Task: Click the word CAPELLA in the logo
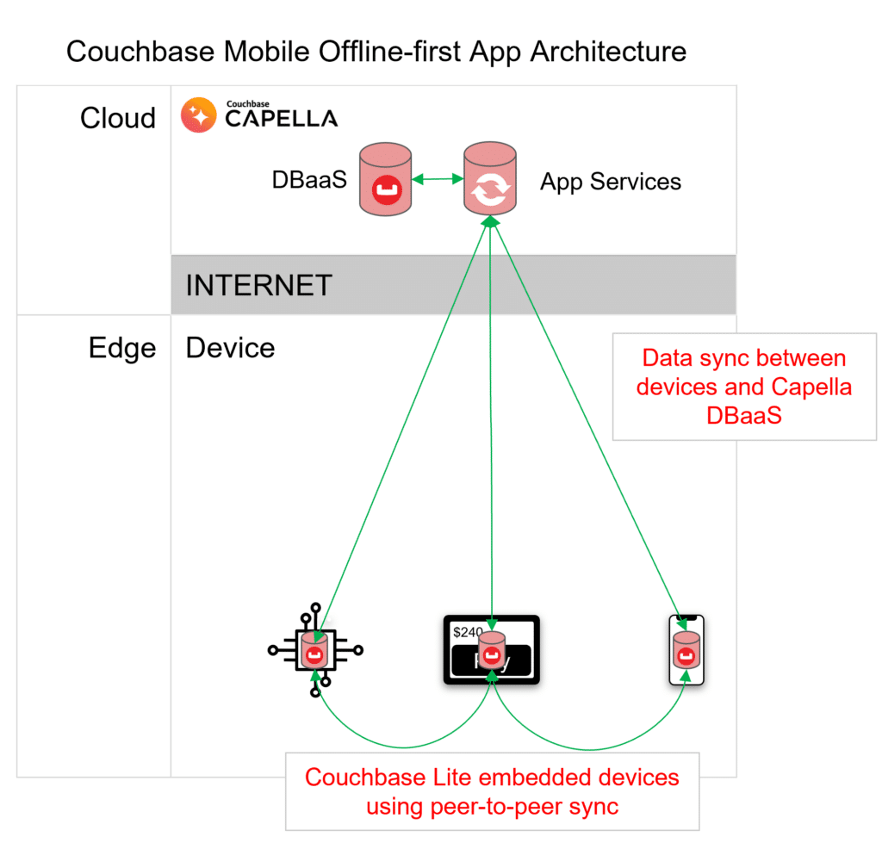pyautogui.click(x=281, y=119)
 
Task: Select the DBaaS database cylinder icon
pyautogui.click(x=386, y=180)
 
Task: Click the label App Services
pyautogui.click(x=611, y=182)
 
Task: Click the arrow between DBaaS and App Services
pyautogui.click(x=438, y=179)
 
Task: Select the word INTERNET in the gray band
pyautogui.click(x=258, y=285)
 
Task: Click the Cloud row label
pyautogui.click(x=118, y=118)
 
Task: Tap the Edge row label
pyautogui.click(x=122, y=348)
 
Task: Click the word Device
pyautogui.click(x=230, y=348)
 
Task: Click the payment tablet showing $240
pyautogui.click(x=491, y=651)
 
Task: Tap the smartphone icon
pyautogui.click(x=686, y=651)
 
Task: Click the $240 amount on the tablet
pyautogui.click(x=467, y=632)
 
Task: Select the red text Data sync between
pyautogui.click(x=744, y=358)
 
